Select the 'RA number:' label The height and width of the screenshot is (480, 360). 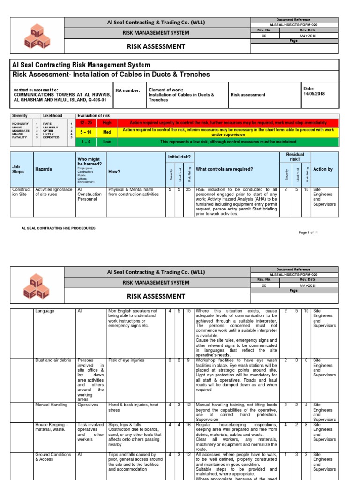127,90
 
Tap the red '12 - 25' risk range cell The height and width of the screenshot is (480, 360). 86,122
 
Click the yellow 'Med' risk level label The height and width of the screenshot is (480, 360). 107,132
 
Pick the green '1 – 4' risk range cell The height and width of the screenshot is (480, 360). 86,142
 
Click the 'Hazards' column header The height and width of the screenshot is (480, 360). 44,169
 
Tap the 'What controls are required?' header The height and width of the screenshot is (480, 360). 224,169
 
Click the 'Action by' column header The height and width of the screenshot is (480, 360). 322,169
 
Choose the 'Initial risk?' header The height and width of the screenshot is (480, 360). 180,156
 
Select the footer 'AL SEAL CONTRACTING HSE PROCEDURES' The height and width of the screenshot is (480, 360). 59,228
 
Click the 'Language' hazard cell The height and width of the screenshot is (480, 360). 45,311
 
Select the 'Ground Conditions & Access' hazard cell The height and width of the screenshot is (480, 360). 53,457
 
